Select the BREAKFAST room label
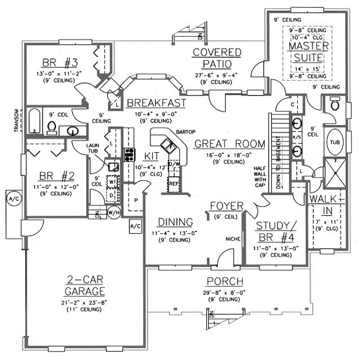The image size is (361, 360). (x=156, y=102)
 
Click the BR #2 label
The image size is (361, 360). (x=52, y=177)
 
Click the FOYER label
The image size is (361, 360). (x=226, y=206)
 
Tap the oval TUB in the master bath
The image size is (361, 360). (x=334, y=142)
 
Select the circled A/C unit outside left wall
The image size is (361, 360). (x=11, y=198)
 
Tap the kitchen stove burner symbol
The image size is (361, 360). (x=129, y=154)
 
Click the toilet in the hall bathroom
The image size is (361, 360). (x=52, y=127)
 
